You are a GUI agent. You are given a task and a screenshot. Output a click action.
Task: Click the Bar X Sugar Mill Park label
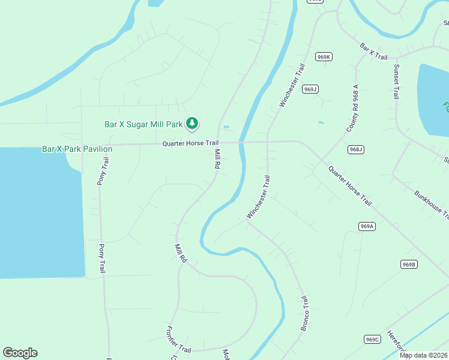pos(143,125)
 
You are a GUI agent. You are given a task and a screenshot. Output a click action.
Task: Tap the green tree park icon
pos(192,124)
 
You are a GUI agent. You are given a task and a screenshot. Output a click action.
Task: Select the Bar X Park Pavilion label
pos(77,149)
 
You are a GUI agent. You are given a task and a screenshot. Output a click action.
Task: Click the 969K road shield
pos(324,57)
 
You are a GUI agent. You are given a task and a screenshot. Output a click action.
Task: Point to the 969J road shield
pos(310,89)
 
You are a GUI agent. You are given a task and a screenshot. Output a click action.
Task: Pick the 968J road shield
pos(355,149)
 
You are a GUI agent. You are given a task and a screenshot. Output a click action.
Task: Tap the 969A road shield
pos(367,226)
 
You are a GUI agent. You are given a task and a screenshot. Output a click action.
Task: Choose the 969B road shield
pos(409,265)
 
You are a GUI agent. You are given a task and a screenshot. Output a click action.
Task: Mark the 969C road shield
pos(372,340)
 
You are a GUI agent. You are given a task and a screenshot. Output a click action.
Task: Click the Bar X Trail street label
pos(374,50)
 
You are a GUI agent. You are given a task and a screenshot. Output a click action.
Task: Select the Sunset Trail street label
pos(396,81)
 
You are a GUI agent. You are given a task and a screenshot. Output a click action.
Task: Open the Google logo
pos(20,353)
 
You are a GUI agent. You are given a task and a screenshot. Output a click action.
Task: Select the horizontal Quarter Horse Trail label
pos(190,143)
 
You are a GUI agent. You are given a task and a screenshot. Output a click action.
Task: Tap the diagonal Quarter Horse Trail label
pos(350,185)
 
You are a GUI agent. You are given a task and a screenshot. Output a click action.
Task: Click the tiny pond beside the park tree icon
pos(226,127)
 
